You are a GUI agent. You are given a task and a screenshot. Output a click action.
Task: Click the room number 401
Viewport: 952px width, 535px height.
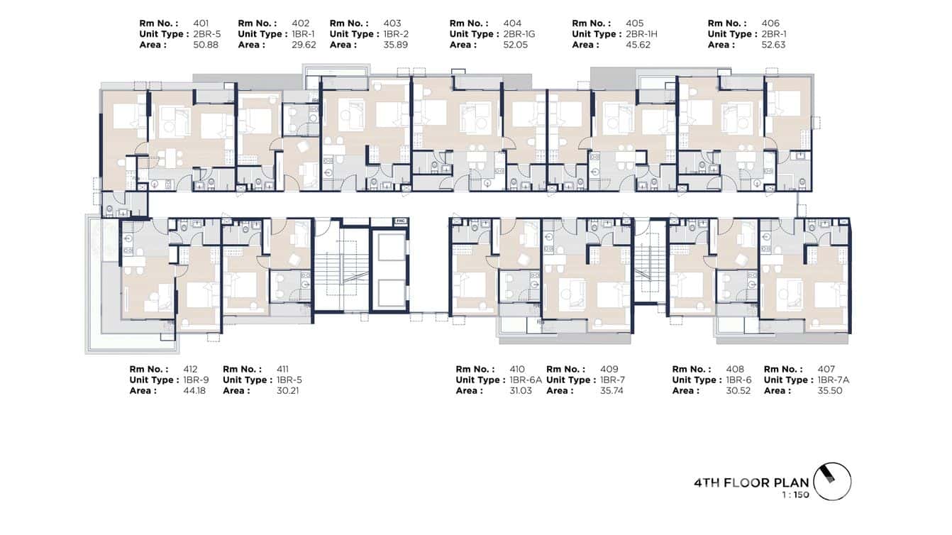pyautogui.click(x=200, y=23)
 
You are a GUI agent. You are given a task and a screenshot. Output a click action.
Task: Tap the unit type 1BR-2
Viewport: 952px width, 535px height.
pyautogui.click(x=396, y=34)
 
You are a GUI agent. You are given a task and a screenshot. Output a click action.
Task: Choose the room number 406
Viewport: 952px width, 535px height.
pyautogui.click(x=770, y=23)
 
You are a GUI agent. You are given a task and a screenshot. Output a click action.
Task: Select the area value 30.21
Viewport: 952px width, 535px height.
pyautogui.click(x=287, y=390)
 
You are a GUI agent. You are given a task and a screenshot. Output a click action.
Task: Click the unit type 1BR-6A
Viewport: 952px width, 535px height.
pyautogui.click(x=526, y=380)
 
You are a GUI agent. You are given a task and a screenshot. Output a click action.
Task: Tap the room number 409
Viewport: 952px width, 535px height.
pyautogui.click(x=609, y=369)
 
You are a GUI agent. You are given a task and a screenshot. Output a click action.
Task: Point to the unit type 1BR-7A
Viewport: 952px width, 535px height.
pyautogui.click(x=833, y=380)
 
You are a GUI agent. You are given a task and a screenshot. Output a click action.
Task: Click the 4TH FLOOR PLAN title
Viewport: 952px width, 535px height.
pyautogui.click(x=751, y=483)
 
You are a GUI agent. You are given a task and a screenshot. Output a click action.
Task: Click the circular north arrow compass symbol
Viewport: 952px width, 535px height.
pyautogui.click(x=832, y=482)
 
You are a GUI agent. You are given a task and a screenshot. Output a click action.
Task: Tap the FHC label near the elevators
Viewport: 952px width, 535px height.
pyautogui.click(x=400, y=221)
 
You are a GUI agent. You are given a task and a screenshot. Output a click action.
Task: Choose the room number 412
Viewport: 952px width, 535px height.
pyautogui.click(x=191, y=369)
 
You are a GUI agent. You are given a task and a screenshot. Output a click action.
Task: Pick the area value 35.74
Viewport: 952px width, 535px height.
pyautogui.click(x=611, y=390)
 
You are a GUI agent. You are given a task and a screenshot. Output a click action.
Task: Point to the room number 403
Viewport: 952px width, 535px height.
pyautogui.click(x=392, y=23)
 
